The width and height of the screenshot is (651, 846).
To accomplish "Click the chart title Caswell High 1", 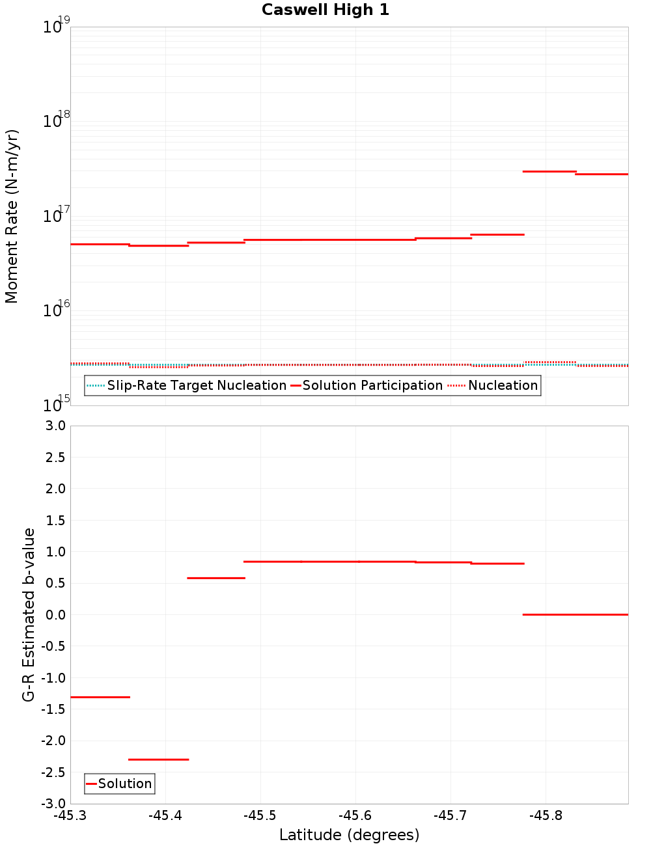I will coord(325,10).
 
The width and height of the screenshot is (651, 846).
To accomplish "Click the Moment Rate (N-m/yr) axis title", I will coord(12,216).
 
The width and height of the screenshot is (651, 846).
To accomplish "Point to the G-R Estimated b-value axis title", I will coord(29,614).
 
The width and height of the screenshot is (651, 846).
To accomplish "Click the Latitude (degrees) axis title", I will coord(349,835).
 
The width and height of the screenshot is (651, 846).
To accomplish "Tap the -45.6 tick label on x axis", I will coord(355,816).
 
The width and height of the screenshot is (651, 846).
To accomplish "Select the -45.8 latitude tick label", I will coord(546,816).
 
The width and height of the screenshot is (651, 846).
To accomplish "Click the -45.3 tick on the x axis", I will coord(70,816).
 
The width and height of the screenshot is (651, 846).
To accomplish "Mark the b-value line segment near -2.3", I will coord(158,759).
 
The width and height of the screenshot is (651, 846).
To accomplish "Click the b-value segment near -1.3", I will coord(100,697).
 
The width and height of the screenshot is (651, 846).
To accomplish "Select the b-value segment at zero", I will coord(575,614).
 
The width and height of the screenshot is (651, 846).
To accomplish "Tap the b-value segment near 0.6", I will coord(216,578).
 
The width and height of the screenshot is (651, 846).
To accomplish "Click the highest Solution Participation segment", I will coord(549,171).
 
